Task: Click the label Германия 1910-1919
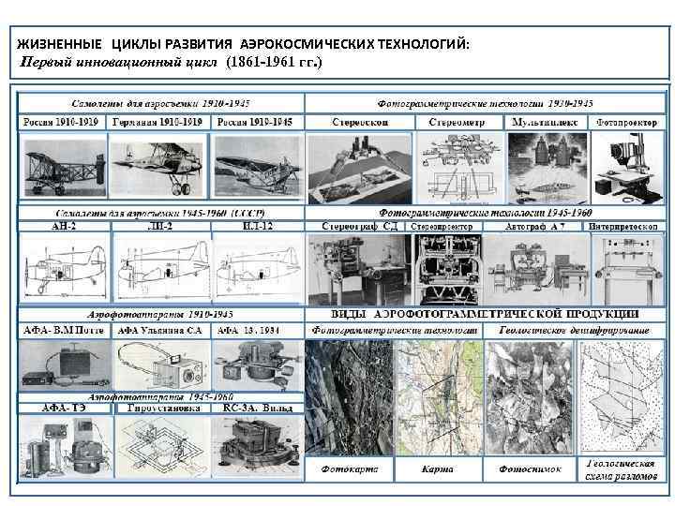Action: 158,123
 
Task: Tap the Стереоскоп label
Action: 361,123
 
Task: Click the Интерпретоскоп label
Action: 623,226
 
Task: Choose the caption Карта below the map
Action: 437,469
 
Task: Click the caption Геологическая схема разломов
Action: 620,469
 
